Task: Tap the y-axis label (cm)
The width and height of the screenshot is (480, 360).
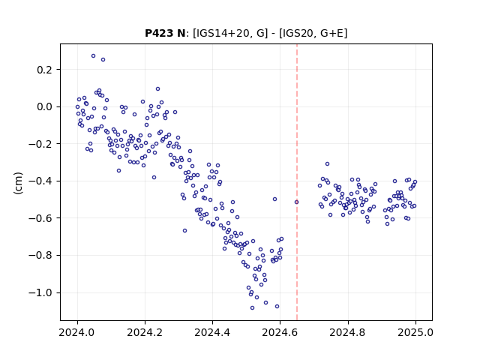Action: point(18,183)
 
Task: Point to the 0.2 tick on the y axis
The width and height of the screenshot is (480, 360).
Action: point(45,70)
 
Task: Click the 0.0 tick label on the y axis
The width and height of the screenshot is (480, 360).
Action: point(45,106)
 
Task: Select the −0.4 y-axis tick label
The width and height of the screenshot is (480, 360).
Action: point(40,181)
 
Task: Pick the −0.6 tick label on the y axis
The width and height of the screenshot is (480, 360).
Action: point(40,218)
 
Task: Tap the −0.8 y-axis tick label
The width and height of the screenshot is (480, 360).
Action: point(40,255)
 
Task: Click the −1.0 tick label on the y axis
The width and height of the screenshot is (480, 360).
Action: point(40,292)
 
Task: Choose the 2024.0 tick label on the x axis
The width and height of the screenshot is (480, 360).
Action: point(77,332)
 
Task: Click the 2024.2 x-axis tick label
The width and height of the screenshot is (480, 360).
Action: point(145,332)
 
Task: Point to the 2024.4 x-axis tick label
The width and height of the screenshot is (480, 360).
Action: point(212,332)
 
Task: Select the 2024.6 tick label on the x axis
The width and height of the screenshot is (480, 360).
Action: point(280,332)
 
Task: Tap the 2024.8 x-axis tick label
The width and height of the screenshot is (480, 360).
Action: point(348,332)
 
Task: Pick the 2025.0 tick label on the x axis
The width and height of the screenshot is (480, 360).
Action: point(415,332)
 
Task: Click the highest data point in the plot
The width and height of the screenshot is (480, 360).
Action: point(93,56)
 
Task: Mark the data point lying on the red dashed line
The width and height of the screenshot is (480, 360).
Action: point(296,202)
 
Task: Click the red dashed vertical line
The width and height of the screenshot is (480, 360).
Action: point(297,182)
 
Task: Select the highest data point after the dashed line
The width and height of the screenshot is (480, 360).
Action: point(327,164)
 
